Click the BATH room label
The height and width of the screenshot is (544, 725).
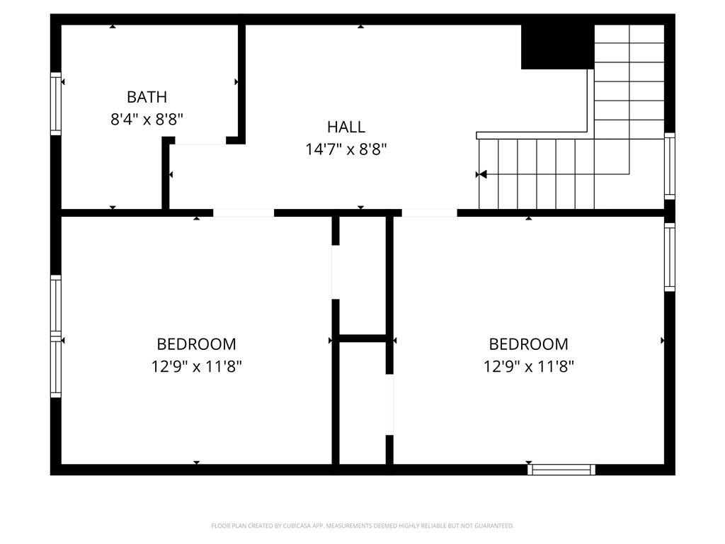pos(147,97)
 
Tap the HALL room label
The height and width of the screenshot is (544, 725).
pos(346,127)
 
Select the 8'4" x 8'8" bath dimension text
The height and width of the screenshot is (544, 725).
pos(147,120)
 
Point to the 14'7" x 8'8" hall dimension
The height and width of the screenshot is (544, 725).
pos(346,149)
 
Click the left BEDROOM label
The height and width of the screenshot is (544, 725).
pos(196,344)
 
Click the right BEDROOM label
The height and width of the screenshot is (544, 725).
pos(528,344)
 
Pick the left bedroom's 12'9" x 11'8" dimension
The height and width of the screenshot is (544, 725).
pos(196,367)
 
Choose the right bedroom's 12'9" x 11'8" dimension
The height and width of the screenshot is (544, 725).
pos(528,367)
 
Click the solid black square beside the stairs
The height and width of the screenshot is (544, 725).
pos(557,47)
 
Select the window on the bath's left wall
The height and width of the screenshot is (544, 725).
pos(55,103)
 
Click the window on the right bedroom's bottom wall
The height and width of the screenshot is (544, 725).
pos(561,469)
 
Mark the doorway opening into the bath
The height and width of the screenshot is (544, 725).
pos(200,141)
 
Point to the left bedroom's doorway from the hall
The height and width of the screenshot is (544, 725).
pos(244,212)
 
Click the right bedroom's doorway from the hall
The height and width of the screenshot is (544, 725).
pos(430,212)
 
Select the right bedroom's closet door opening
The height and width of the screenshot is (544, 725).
pos(389,404)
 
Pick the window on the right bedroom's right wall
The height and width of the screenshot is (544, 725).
pos(669,256)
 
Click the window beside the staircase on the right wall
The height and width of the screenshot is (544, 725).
pos(669,166)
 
